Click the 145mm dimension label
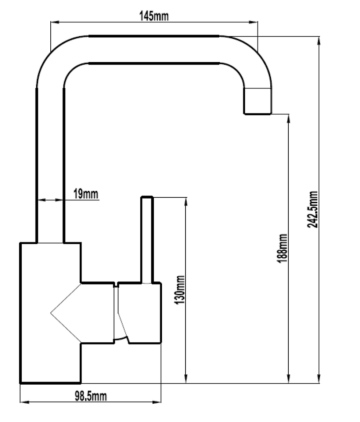point(154,16)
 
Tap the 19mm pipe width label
point(86,194)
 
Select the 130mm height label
point(180,290)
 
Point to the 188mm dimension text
point(282,248)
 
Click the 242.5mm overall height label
point(313,210)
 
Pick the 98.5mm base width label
point(91,396)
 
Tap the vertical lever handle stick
point(147,240)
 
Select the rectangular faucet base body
point(50,313)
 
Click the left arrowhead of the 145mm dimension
point(55,22)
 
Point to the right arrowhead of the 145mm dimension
point(253,22)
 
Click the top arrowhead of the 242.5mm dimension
point(319,41)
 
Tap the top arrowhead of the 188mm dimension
point(289,119)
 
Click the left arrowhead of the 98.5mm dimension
point(25,402)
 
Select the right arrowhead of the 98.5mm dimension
point(156,402)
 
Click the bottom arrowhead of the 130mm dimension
point(186,378)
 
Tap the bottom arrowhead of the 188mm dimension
point(289,378)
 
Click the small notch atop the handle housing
point(116,284)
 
